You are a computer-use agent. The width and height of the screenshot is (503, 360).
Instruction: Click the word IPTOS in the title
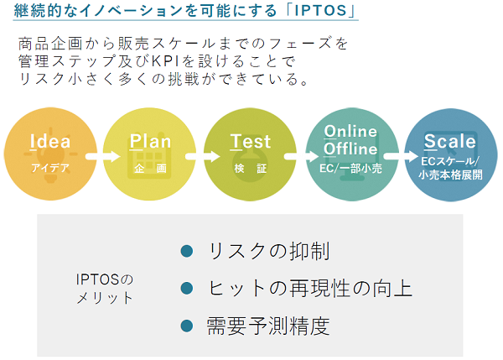tap(321, 10)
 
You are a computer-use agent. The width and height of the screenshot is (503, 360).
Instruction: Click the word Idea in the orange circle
tap(50, 141)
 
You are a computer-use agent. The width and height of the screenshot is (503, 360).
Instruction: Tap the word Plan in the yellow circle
tap(150, 141)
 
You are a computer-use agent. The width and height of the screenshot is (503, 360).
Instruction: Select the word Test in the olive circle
tap(250, 141)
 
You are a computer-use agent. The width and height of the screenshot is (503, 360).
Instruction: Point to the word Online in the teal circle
tap(350, 131)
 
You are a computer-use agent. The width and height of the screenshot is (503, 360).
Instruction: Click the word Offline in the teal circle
tap(350, 149)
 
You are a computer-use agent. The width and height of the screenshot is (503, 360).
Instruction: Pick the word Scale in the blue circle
tap(449, 141)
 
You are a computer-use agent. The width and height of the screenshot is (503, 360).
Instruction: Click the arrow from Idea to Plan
tap(102, 156)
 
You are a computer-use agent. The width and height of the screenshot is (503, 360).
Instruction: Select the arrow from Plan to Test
tap(202, 156)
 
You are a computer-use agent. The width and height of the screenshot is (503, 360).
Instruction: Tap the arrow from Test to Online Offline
tap(301, 156)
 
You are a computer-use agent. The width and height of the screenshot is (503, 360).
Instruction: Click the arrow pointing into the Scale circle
tap(401, 156)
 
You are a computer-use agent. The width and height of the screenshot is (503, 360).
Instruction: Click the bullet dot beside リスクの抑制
tap(187, 251)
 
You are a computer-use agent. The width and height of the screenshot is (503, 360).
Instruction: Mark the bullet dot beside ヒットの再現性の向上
tap(187, 288)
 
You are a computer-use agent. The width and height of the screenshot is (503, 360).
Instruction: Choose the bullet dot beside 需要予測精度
tap(187, 326)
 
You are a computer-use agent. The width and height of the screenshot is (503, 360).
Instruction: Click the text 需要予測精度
tap(268, 326)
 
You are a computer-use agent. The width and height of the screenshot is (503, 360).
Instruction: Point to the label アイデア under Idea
tap(50, 168)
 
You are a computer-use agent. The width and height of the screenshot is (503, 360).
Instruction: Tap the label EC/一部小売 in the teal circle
tap(350, 169)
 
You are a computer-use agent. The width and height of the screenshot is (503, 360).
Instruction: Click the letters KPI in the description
tap(164, 61)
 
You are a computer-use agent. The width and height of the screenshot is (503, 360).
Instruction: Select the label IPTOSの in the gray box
tap(105, 279)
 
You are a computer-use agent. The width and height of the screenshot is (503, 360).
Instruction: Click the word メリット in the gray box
tap(105, 298)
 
